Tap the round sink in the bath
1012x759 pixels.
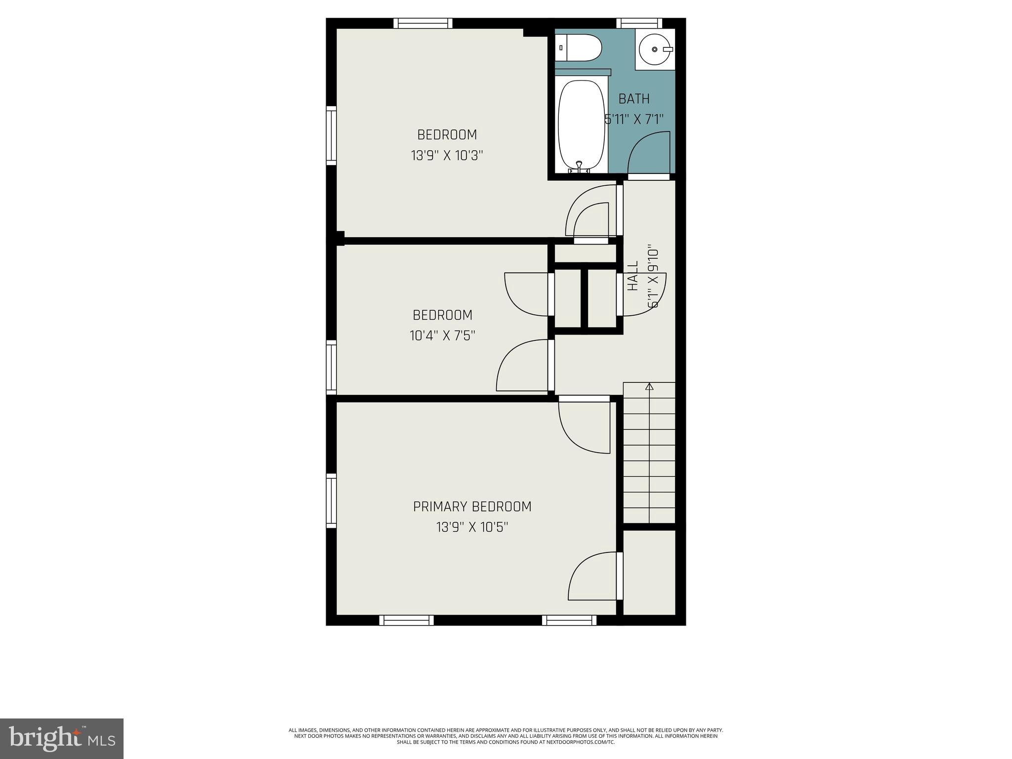[655, 49]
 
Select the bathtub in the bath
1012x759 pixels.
[582, 126]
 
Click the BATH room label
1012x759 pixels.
[634, 99]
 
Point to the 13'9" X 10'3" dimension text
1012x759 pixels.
[447, 156]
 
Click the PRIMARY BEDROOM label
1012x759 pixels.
[472, 506]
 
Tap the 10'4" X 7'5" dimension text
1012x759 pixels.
[442, 336]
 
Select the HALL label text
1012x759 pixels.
[633, 276]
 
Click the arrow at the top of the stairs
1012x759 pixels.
[649, 387]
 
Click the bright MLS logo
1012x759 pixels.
[62, 738]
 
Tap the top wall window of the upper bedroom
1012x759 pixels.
[423, 23]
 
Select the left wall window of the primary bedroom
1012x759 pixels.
[331, 501]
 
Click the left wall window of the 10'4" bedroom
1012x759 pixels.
[331, 367]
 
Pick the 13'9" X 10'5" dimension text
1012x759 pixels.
[472, 528]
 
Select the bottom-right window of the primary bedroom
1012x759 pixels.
[569, 620]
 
